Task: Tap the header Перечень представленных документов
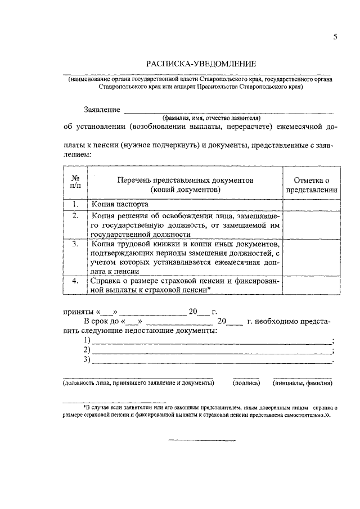coord(186,184)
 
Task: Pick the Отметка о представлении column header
coord(311,184)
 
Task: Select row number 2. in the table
coord(75,215)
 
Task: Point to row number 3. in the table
coord(75,245)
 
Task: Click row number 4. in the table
coord(75,281)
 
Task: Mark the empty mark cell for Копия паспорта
coord(311,205)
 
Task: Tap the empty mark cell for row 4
coord(311,285)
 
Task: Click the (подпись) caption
coord(246,383)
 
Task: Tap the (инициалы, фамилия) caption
coord(303,383)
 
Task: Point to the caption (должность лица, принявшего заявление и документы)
coord(138,383)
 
